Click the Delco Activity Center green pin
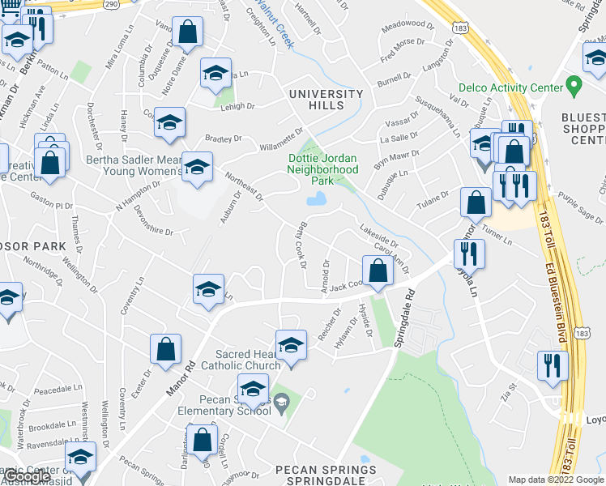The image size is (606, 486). (x=574, y=85)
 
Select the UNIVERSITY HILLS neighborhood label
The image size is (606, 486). (x=326, y=101)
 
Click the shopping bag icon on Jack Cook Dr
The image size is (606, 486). (x=378, y=271)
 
